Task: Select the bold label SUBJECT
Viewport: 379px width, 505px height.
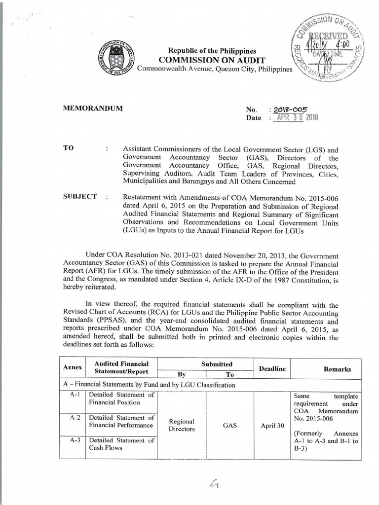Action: [80, 197]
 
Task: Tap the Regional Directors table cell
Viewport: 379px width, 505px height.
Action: [182, 425]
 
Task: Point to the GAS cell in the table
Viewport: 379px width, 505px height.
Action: [230, 425]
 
